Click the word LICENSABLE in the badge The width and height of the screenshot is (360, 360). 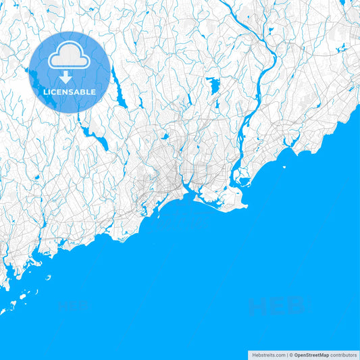(x=70, y=92)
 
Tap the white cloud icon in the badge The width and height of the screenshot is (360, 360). (x=70, y=59)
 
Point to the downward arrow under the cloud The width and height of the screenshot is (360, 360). (x=70, y=76)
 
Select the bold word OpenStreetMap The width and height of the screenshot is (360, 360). (x=311, y=355)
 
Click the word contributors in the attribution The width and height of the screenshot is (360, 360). (x=344, y=355)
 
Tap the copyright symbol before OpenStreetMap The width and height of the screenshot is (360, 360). (x=291, y=355)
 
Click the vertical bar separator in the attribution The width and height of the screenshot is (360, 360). (x=287, y=355)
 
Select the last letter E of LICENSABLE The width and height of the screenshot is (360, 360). (x=94, y=92)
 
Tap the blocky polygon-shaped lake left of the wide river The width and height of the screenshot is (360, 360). (x=214, y=86)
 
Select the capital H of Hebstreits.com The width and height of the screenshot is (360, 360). (x=254, y=355)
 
